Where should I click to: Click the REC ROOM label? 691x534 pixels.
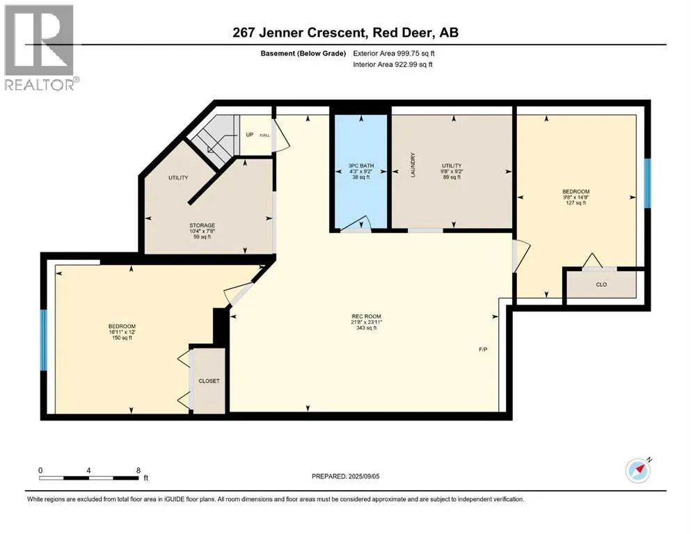pos(366,316)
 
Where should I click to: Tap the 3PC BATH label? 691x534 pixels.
pos(361,165)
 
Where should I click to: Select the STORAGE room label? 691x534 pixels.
pos(202,225)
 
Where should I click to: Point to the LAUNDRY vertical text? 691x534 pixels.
pos(413,165)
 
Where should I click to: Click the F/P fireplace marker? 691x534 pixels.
pos(483,350)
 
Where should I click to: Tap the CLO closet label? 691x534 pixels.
pos(601,284)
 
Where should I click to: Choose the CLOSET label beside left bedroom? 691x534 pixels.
pos(209,381)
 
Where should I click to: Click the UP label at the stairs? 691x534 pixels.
pos(250,135)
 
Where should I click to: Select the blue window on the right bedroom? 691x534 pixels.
pos(647,183)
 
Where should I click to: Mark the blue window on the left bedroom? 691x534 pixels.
pos(44,340)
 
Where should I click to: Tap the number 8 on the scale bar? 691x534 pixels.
pos(138,470)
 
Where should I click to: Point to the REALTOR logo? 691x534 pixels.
pos(40,47)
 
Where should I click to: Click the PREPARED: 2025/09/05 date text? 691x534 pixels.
pos(345,476)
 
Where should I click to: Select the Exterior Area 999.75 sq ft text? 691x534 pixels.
pos(394,54)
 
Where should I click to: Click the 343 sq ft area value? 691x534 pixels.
pos(366,328)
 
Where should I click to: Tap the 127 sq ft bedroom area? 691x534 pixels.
pos(576,203)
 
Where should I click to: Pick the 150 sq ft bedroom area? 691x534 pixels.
pos(122,338)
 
